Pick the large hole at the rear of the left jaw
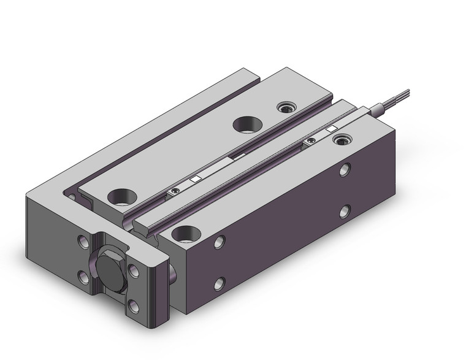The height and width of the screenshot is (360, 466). [x=246, y=124]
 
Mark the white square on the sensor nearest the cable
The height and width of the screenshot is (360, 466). [x=332, y=129]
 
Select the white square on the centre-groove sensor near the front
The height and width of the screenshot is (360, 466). [x=196, y=179]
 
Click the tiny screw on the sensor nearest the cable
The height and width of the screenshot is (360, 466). [x=310, y=141]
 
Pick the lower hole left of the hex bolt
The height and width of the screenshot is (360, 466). [x=83, y=280]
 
